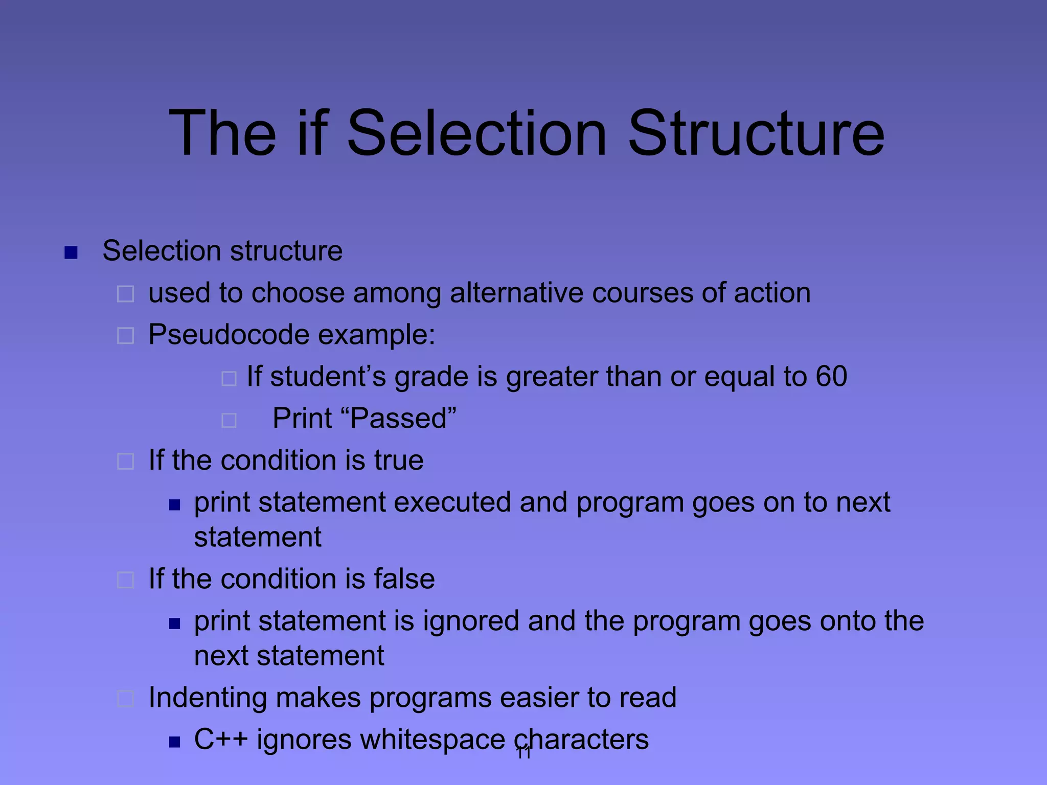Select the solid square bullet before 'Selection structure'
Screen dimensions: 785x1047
point(71,252)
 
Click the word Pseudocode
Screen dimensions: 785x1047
point(229,335)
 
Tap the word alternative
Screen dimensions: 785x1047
point(516,293)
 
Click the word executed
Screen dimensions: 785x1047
point(452,502)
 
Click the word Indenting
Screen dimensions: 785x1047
point(207,698)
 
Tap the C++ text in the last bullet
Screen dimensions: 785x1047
point(220,740)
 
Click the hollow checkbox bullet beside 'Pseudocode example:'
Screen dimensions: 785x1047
point(126,336)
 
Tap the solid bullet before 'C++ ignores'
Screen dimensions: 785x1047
point(175,742)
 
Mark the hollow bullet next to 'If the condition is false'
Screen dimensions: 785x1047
point(126,580)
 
